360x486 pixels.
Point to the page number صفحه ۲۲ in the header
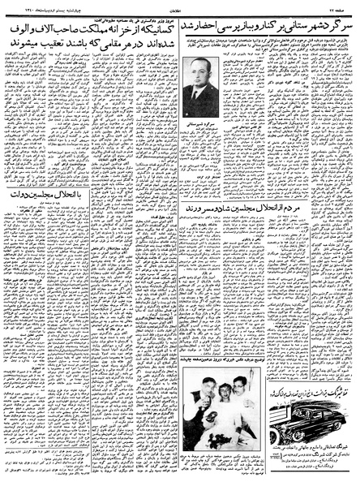[x=345, y=6]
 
